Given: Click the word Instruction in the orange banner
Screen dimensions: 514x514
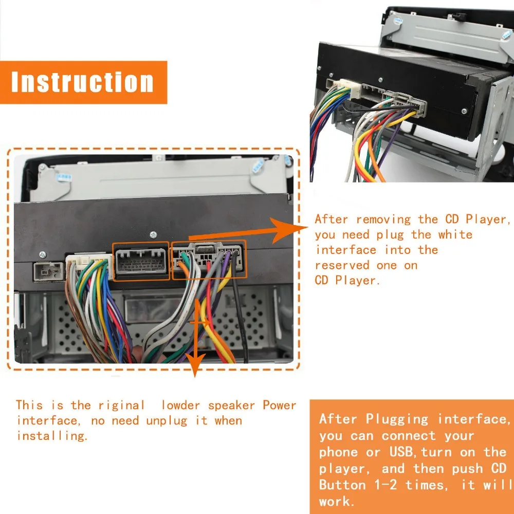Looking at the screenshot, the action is coord(82,82).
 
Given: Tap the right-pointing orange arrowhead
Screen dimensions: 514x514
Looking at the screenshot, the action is coord(288,229).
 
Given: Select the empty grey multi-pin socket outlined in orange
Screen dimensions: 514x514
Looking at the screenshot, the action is coord(141,261).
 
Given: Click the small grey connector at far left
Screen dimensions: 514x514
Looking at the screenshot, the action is coord(48,271).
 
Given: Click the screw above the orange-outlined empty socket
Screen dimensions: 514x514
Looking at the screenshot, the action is coord(153,235).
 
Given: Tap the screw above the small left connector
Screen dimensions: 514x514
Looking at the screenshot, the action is coord(42,255).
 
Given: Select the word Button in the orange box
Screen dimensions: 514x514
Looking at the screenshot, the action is coord(342,485).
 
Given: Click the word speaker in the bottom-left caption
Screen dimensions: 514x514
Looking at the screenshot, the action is coord(231,406).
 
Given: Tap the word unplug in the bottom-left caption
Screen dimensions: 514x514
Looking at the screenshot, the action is coord(167,420).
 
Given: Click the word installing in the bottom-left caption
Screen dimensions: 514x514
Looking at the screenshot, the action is coord(52,436).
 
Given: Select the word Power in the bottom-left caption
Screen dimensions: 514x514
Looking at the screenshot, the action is coord(279,405).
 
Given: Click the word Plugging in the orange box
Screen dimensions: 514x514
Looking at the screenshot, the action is coord(397,420).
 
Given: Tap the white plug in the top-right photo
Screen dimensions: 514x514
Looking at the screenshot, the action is coord(350,88).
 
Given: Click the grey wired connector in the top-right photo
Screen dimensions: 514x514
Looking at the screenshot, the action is coord(406,104).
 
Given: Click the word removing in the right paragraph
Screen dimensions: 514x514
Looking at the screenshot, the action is coord(383,219).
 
